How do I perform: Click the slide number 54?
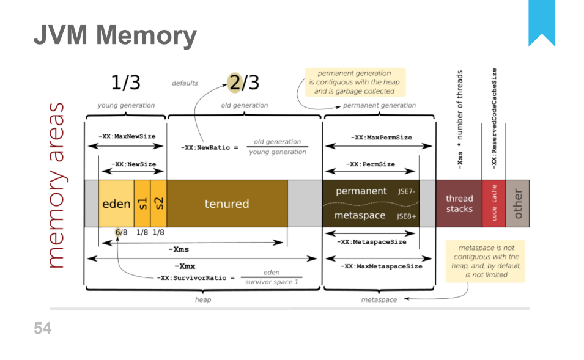click(x=42, y=329)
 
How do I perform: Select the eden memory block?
click(x=116, y=204)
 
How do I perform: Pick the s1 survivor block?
click(x=142, y=204)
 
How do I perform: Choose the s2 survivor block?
click(x=158, y=204)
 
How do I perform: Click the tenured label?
click(x=227, y=204)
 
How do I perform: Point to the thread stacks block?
click(x=459, y=204)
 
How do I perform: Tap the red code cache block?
click(x=494, y=204)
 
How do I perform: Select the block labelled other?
click(x=517, y=204)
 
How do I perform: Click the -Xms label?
click(x=178, y=249)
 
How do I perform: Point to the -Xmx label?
click(x=185, y=266)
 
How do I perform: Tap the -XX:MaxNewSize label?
click(x=127, y=136)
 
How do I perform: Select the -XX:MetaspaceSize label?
click(x=371, y=242)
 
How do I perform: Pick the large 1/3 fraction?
click(x=125, y=82)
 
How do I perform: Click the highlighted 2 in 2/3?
click(x=234, y=82)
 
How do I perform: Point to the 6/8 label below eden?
click(x=121, y=232)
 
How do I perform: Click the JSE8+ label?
click(x=407, y=216)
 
